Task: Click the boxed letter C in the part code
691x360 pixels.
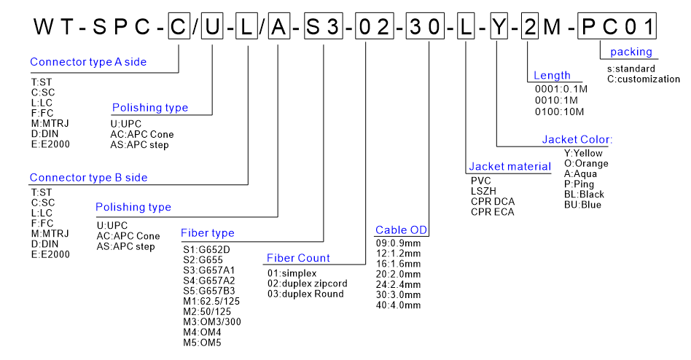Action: click(179, 28)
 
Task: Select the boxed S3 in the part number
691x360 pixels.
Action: click(323, 28)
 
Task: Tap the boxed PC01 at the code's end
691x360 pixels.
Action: click(617, 28)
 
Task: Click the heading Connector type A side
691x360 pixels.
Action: click(88, 62)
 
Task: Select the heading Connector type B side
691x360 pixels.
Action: click(88, 177)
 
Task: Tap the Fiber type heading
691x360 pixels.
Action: click(208, 233)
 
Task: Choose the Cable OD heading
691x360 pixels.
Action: click(402, 230)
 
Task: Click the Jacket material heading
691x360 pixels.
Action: click(510, 167)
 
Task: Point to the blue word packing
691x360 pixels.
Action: click(631, 52)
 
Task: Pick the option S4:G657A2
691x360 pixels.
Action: click(209, 280)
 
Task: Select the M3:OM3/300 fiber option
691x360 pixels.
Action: click(211, 321)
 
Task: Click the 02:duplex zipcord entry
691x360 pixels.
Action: click(308, 283)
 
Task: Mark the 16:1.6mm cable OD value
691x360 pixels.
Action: click(398, 263)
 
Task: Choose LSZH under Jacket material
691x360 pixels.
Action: click(484, 190)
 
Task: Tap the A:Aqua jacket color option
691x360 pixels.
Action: click(582, 174)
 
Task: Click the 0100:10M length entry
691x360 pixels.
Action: click(560, 111)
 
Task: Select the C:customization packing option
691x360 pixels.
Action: click(644, 79)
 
